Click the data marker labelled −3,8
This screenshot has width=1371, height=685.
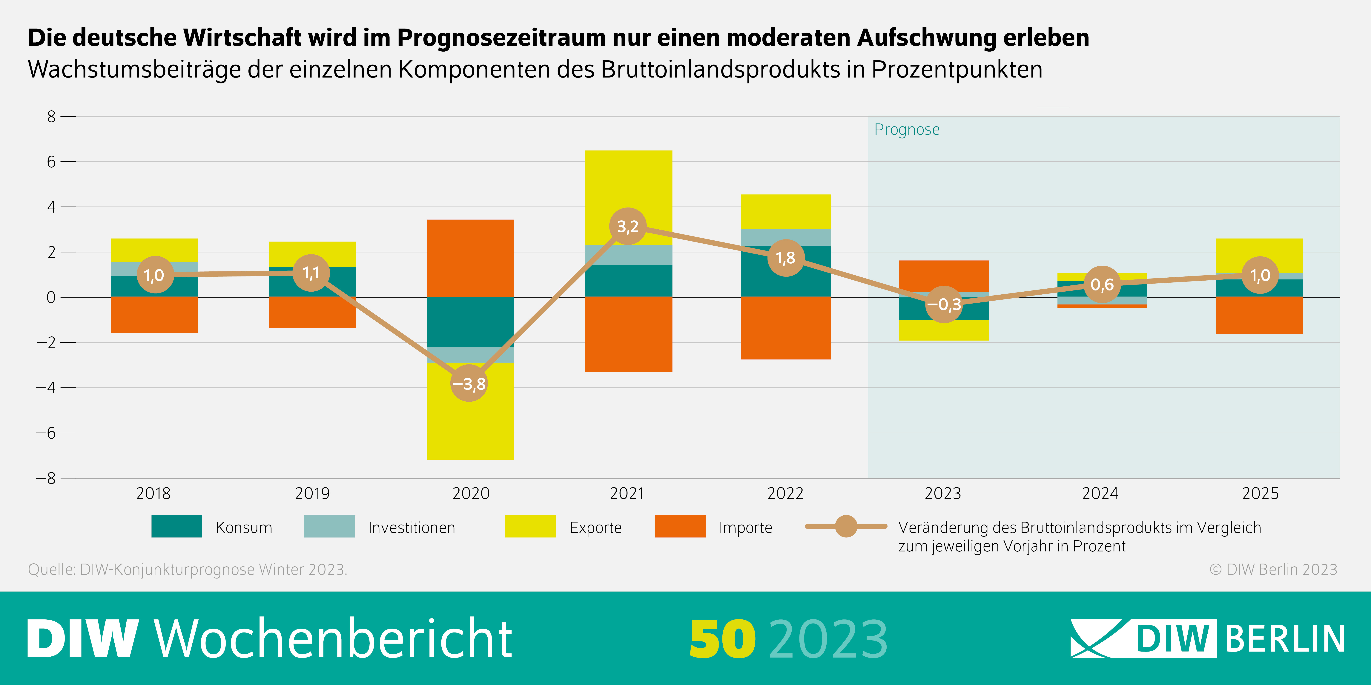(x=469, y=383)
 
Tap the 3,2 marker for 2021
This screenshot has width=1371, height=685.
(x=628, y=227)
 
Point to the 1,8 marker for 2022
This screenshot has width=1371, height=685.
(x=786, y=258)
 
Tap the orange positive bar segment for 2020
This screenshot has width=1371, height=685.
(x=470, y=258)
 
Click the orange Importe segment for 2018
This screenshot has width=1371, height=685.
(x=154, y=315)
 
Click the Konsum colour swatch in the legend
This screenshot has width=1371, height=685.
(x=177, y=527)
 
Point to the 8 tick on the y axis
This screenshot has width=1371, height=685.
(x=51, y=117)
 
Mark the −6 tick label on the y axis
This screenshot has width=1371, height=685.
(x=46, y=433)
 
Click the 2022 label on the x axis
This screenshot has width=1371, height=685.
(x=785, y=494)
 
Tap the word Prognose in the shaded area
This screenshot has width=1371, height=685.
(x=907, y=130)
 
